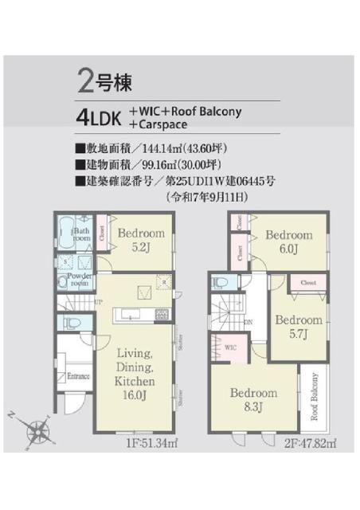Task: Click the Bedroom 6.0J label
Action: click(x=288, y=241)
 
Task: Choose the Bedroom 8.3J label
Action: click(x=254, y=399)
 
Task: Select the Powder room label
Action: click(x=78, y=279)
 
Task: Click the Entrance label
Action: click(x=78, y=376)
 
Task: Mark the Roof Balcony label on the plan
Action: click(x=315, y=396)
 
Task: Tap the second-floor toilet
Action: click(x=222, y=282)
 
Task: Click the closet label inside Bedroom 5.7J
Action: click(x=309, y=283)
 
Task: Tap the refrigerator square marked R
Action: click(x=162, y=281)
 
